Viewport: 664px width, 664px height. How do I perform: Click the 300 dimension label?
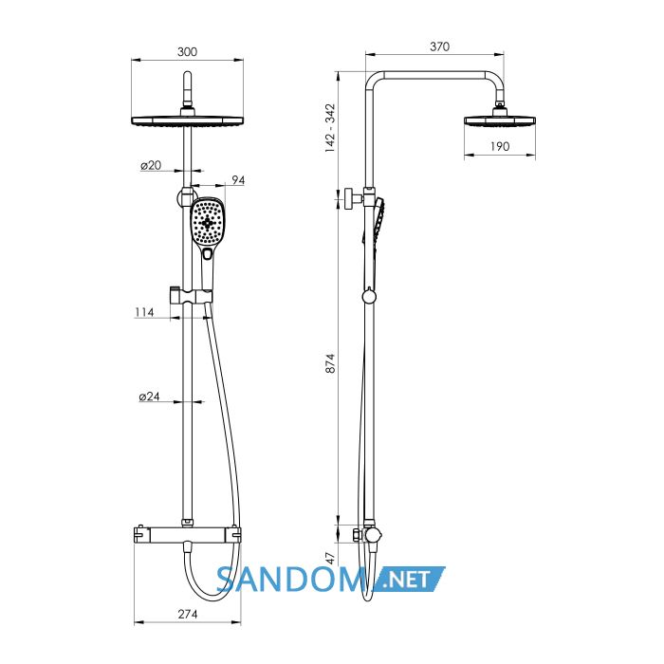pyautogui.click(x=187, y=51)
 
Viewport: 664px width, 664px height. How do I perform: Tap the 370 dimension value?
pyautogui.click(x=439, y=46)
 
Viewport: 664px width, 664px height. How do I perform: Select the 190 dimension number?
pyautogui.click(x=500, y=146)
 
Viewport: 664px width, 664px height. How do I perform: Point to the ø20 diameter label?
pyautogui.click(x=151, y=165)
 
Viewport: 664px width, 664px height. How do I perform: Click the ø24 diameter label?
pyautogui.click(x=150, y=397)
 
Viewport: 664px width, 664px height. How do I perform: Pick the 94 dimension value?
pyautogui.click(x=238, y=180)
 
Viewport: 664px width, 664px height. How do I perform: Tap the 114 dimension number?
pyautogui.click(x=144, y=312)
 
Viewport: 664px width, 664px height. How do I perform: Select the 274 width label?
pyautogui.click(x=188, y=614)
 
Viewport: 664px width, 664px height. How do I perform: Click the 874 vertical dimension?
pyautogui.click(x=330, y=363)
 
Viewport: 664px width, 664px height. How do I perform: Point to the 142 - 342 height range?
pyautogui.click(x=330, y=128)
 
